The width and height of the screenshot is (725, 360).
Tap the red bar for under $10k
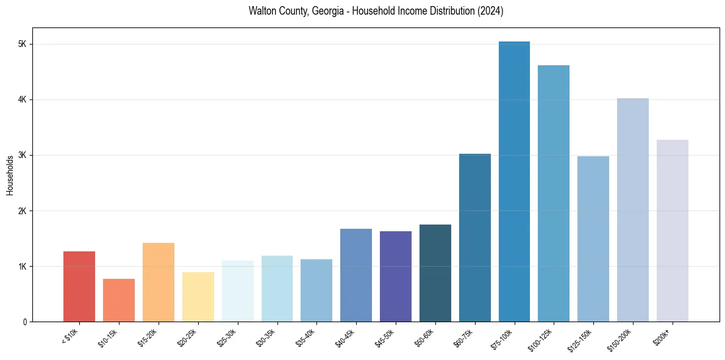(x=79, y=286)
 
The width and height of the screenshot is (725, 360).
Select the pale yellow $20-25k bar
(x=198, y=297)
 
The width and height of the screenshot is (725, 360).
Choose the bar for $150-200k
(x=633, y=210)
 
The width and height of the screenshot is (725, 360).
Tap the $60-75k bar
(x=475, y=237)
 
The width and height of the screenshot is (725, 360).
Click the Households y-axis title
(x=10, y=175)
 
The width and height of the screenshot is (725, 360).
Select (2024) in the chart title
(x=491, y=12)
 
